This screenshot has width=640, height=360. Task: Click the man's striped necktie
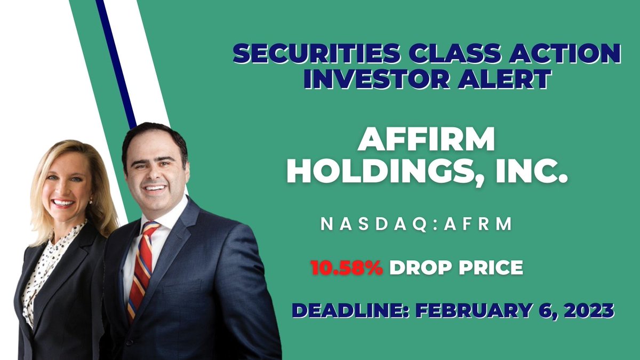coord(141,267)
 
